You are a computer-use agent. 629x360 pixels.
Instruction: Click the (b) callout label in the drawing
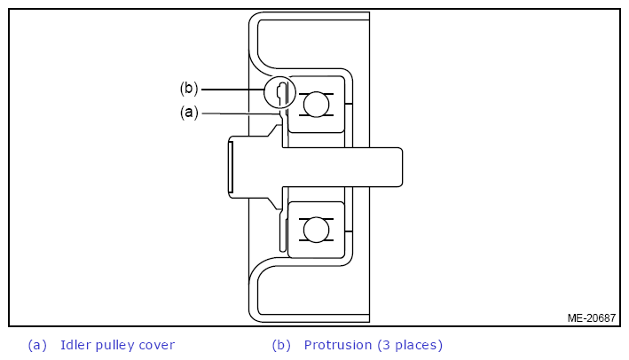coord(189,88)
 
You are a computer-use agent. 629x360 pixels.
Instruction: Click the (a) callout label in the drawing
coord(189,113)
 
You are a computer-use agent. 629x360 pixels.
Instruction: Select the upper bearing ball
coord(316,105)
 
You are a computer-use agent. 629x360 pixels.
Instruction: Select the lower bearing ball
coord(316,230)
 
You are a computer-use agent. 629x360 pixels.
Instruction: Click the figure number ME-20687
coord(591,318)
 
